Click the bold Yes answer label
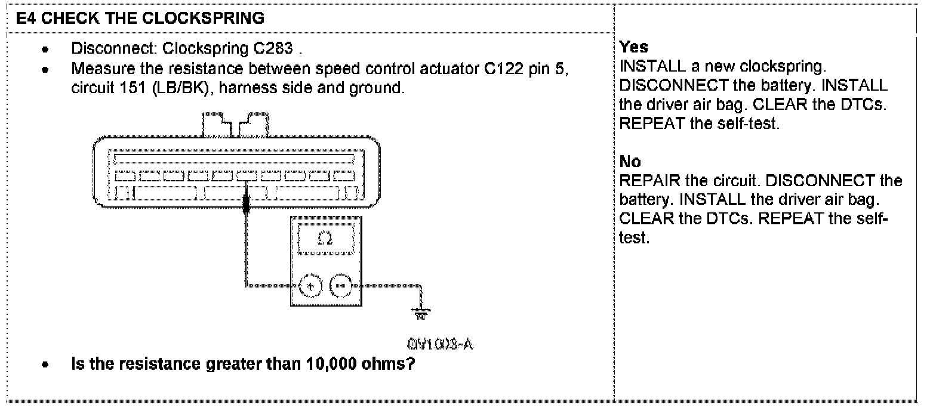pos(633,47)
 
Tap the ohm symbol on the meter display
pos(324,238)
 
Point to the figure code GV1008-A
pos(436,345)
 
